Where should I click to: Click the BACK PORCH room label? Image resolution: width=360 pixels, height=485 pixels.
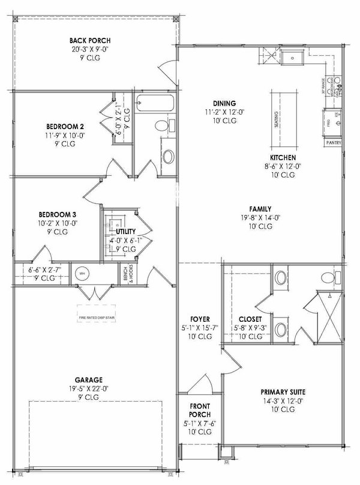click(89, 41)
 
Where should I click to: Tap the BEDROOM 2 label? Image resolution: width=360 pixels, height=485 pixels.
click(64, 127)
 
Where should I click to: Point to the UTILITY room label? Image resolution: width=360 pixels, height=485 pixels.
click(125, 231)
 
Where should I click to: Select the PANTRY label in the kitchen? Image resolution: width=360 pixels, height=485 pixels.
click(334, 143)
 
